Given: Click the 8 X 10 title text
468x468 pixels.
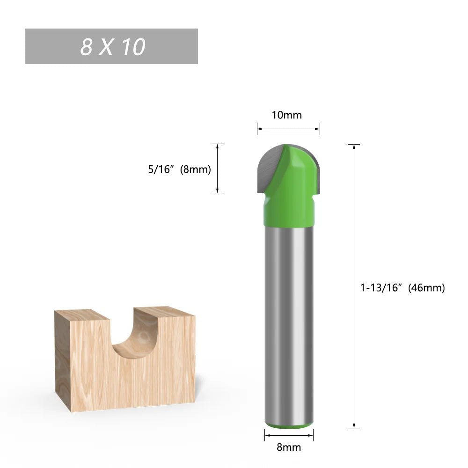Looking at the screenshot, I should [x=112, y=47].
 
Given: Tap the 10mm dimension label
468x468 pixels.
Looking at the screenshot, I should [x=287, y=115].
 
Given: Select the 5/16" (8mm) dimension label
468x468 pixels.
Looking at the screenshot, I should [x=180, y=169].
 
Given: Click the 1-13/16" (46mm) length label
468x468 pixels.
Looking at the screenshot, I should [x=402, y=288].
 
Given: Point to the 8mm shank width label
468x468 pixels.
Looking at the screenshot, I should [x=288, y=447].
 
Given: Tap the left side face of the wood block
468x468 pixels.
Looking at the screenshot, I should [x=62, y=360].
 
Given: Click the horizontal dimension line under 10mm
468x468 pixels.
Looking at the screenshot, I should [x=288, y=129].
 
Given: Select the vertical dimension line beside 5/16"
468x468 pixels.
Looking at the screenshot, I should [x=218, y=168].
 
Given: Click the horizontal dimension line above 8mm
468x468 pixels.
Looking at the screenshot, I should [x=288, y=435].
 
